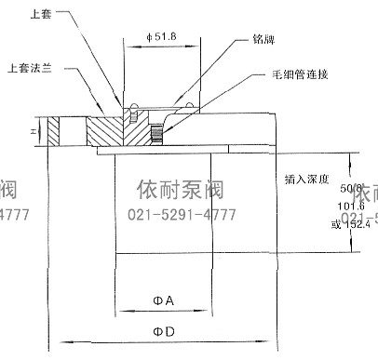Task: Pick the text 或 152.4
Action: pos(350,222)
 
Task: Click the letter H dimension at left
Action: pos(33,131)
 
